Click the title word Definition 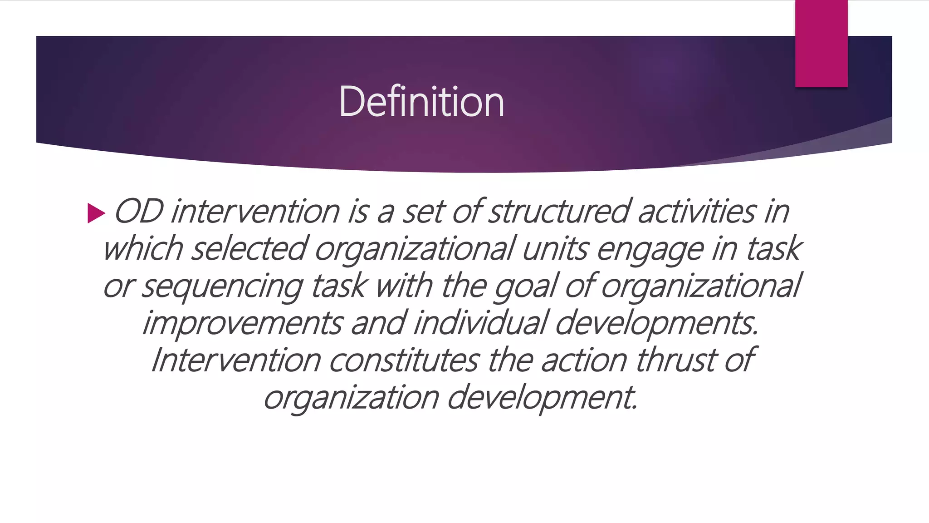tap(421, 102)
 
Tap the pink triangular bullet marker tap(96, 213)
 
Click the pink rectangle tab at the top tap(821, 44)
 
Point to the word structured tap(559, 212)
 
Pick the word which tap(143, 249)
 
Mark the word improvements tap(243, 323)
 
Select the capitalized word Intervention tap(236, 360)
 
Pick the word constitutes tap(404, 360)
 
